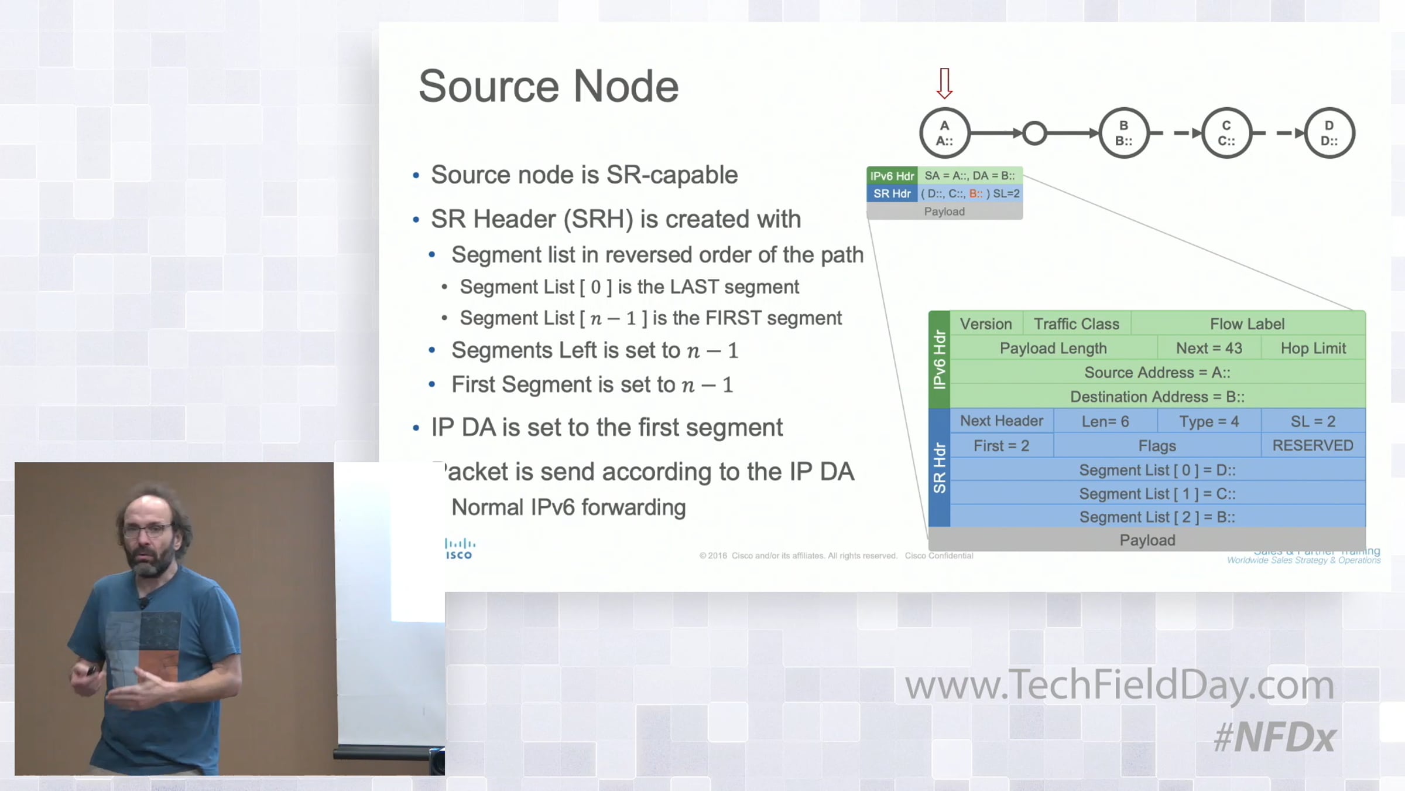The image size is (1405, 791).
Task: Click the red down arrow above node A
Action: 944,83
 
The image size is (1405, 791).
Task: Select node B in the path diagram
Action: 1123,133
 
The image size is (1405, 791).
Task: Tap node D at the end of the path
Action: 1329,133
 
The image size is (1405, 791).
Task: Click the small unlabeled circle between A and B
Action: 1034,133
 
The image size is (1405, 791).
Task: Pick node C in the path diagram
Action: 1226,133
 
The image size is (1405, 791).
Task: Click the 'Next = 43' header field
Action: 1209,348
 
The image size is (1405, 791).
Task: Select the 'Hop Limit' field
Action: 1313,348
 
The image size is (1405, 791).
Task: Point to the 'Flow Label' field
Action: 1247,323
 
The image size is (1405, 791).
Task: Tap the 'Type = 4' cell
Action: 1209,421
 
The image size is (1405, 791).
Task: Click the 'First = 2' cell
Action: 1001,446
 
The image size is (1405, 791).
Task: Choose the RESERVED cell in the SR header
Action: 1313,446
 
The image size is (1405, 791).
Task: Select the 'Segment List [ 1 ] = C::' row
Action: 1157,494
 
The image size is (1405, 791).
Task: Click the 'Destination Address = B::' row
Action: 1157,397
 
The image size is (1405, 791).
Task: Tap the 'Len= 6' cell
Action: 1105,421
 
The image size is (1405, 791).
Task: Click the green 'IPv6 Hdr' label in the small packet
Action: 892,176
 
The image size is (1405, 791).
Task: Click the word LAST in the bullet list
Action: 694,287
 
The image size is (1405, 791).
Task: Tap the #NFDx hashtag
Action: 1274,737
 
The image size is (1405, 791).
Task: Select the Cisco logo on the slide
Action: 459,550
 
